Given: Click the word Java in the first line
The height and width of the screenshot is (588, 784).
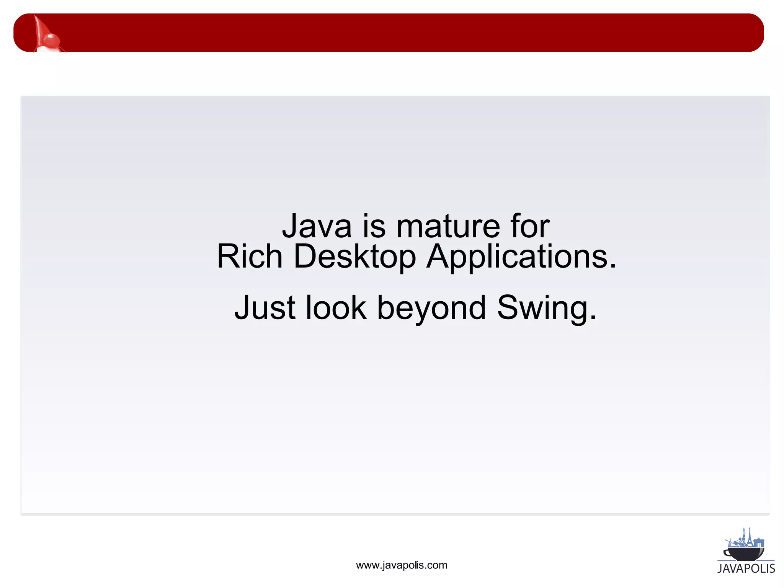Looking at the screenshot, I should [317, 227].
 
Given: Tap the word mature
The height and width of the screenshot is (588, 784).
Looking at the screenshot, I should [448, 227].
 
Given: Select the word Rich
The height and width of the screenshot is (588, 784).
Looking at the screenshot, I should [249, 256].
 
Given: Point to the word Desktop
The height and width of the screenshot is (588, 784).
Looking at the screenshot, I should [354, 257].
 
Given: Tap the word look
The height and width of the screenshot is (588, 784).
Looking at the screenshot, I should [336, 308].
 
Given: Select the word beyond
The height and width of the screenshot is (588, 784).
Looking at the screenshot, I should [431, 309].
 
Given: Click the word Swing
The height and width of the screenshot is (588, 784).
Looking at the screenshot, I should [542, 309].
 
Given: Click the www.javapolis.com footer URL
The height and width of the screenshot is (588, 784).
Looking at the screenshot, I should [402, 565].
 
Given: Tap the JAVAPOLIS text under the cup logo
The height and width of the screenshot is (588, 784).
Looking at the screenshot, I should [746, 568].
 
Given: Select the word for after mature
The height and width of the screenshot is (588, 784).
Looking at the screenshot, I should [530, 227].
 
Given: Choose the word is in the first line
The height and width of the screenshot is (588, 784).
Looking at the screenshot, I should [374, 227].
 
